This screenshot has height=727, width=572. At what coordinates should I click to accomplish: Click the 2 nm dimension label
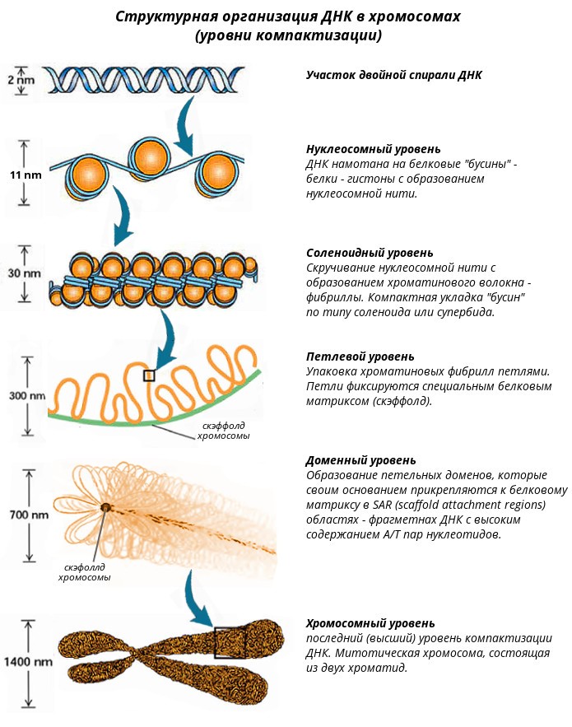point(21,80)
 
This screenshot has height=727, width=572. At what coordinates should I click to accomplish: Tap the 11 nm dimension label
point(26,175)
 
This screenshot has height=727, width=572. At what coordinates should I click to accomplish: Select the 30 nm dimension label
point(24,273)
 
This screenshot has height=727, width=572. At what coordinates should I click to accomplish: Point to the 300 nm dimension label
point(27,395)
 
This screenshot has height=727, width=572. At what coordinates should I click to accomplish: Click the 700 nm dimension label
point(29,515)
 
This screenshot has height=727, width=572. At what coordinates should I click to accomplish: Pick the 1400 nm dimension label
point(28,662)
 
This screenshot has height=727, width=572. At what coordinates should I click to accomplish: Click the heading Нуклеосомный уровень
point(373,149)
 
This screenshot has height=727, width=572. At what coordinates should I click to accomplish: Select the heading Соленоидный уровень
point(370,253)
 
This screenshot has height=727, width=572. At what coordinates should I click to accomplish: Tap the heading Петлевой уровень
point(360,357)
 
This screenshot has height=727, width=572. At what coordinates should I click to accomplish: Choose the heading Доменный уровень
point(360,460)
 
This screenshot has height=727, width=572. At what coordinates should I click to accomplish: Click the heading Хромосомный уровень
point(370,623)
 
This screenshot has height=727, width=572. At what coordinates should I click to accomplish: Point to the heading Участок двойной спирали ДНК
point(394,75)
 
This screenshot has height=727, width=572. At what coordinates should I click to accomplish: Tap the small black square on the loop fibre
point(149,375)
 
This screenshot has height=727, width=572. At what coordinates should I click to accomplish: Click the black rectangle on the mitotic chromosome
point(230,643)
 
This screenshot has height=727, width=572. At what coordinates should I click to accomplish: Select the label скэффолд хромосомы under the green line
point(223,431)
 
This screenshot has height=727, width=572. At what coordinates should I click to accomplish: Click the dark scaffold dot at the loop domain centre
point(105,507)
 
